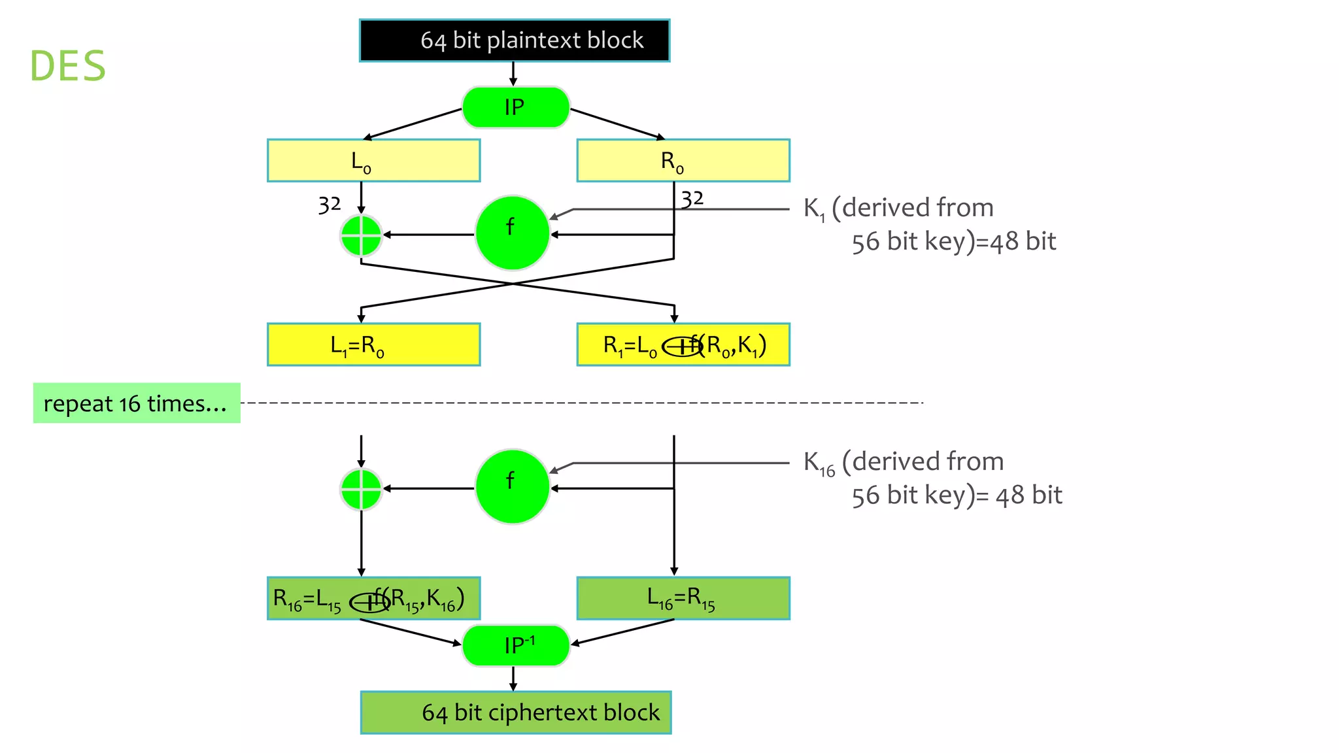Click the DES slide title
[x=68, y=66]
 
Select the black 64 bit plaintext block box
[x=515, y=41]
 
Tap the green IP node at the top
[x=515, y=107]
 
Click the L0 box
[x=373, y=160]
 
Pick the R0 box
[x=683, y=160]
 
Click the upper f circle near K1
[x=512, y=233]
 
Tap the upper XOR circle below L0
[x=361, y=235]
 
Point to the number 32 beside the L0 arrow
[x=330, y=205]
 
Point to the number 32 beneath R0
[x=692, y=198]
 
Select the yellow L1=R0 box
[x=373, y=344]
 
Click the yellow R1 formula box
[x=683, y=344]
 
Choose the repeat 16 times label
[x=136, y=403]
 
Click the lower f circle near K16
[x=512, y=486]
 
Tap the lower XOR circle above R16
[x=361, y=489]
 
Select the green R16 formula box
[x=373, y=598]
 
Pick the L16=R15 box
[x=683, y=598]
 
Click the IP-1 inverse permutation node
[x=515, y=646]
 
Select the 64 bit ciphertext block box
[x=516, y=712]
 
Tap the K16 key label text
[x=932, y=478]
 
